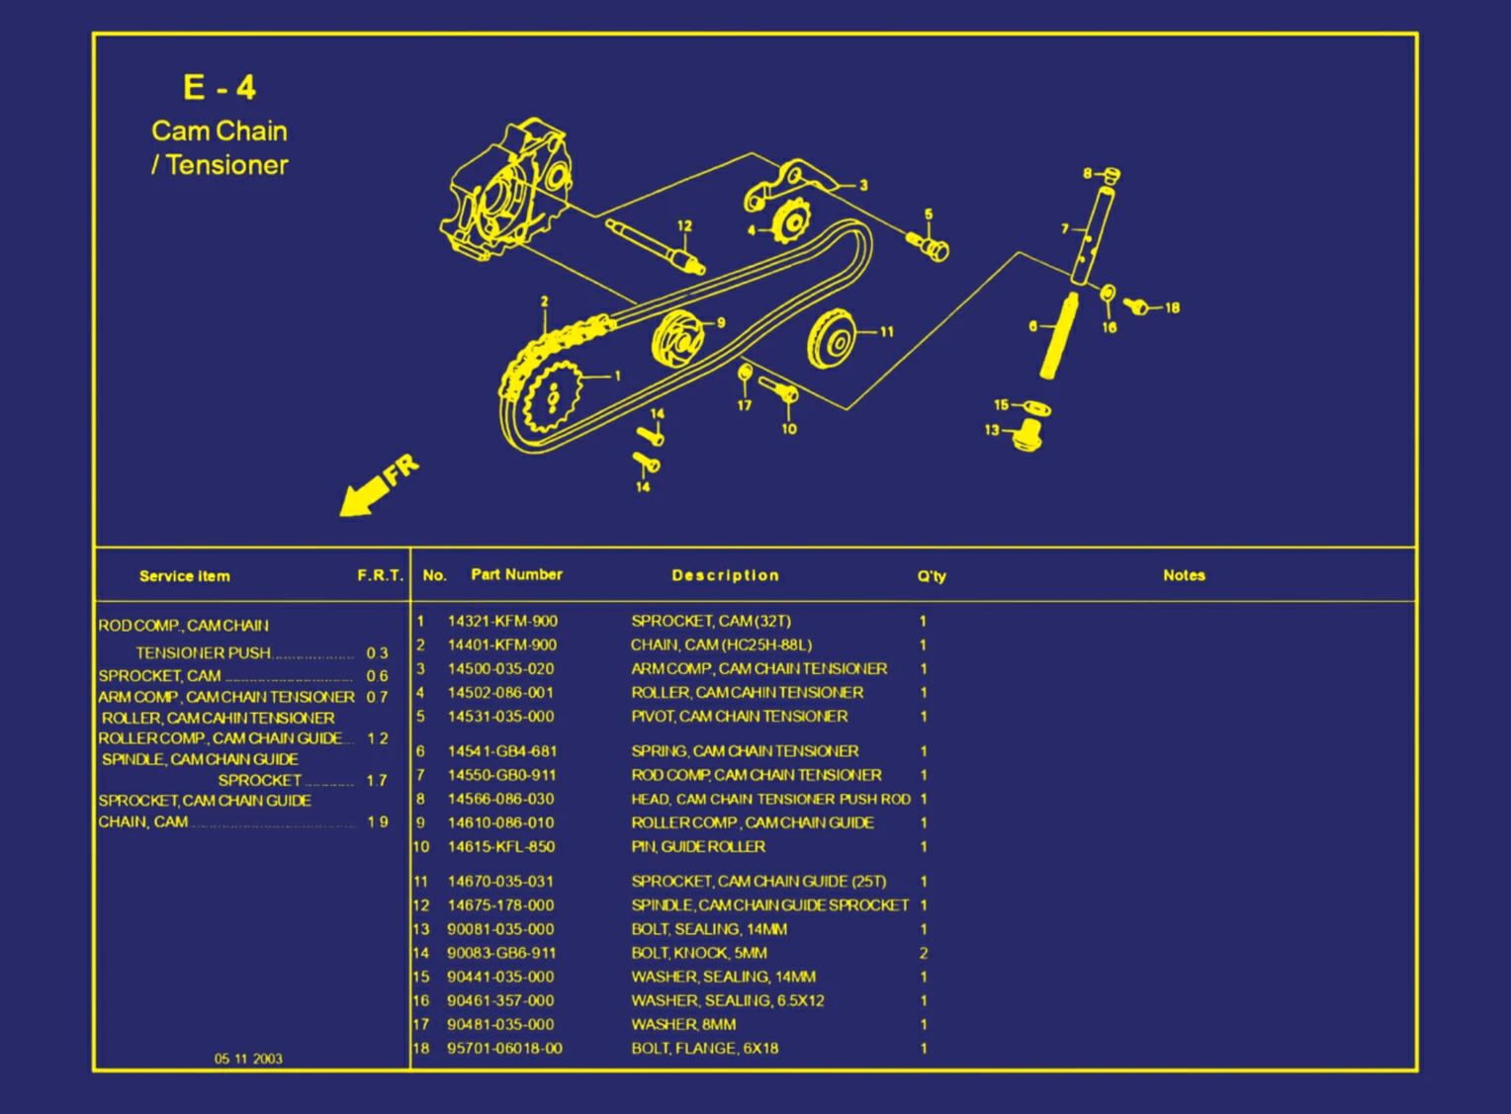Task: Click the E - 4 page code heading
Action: pyautogui.click(x=220, y=88)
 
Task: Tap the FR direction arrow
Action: pyautogui.click(x=377, y=486)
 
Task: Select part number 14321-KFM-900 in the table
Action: pyautogui.click(x=501, y=622)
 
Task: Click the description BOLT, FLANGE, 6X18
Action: pyautogui.click(x=704, y=1049)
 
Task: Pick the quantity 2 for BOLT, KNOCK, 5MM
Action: pyautogui.click(x=924, y=954)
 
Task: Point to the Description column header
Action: pyautogui.click(x=725, y=575)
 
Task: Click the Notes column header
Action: pyautogui.click(x=1184, y=575)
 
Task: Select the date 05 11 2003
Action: pyautogui.click(x=248, y=1059)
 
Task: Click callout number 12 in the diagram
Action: pyautogui.click(x=684, y=226)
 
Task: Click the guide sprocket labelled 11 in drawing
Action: pyautogui.click(x=832, y=339)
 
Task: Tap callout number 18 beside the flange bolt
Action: pyautogui.click(x=1172, y=308)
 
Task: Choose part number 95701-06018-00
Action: pyautogui.click(x=504, y=1049)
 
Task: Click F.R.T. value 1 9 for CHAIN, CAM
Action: pyautogui.click(x=377, y=822)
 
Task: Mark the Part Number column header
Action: pyautogui.click(x=516, y=575)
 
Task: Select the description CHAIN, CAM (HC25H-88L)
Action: pyautogui.click(x=721, y=645)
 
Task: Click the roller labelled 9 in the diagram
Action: pyautogui.click(x=678, y=337)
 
